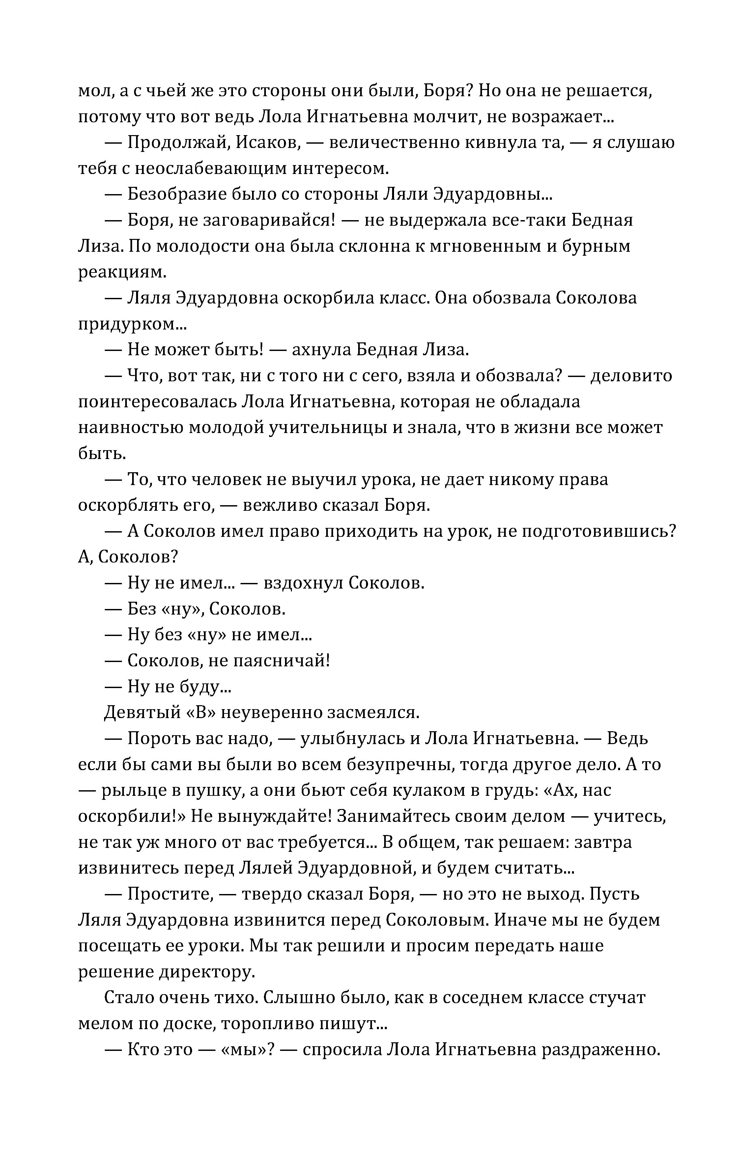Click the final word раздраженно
pyautogui.click(x=601, y=1050)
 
